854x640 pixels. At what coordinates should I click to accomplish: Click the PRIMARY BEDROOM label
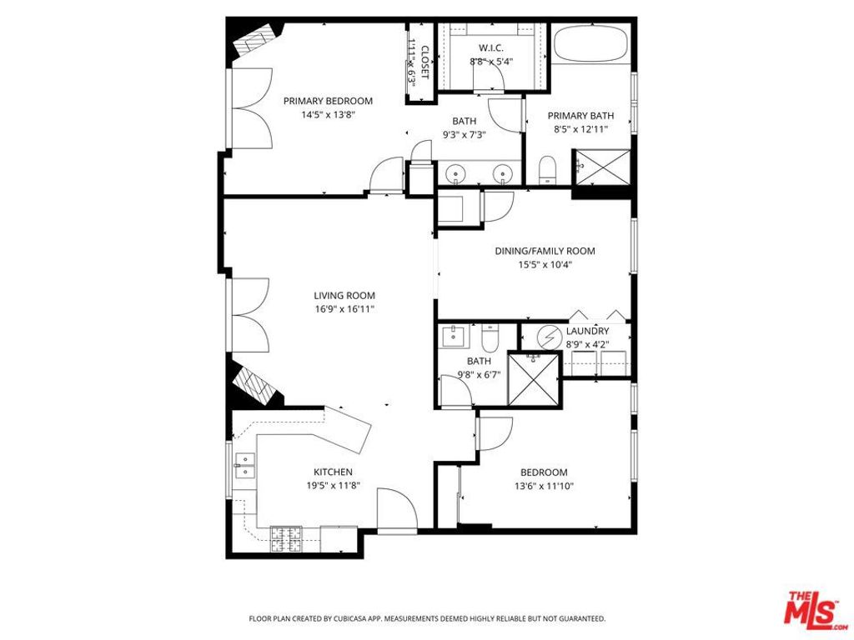point(328,101)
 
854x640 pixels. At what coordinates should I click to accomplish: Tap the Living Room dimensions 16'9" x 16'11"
point(344,309)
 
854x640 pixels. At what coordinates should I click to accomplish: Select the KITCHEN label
point(333,472)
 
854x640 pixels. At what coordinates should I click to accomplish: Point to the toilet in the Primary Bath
point(548,169)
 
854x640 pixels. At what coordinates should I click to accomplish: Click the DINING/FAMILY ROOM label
point(545,251)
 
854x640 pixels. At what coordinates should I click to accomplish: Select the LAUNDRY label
point(587,331)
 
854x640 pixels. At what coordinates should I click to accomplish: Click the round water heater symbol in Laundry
point(549,337)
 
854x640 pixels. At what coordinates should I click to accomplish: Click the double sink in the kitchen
point(245,466)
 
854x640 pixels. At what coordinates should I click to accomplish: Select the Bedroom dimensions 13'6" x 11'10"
point(544,486)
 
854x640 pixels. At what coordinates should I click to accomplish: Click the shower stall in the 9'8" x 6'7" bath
point(533,379)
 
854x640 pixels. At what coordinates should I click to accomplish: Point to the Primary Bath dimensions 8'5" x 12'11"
point(580,129)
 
